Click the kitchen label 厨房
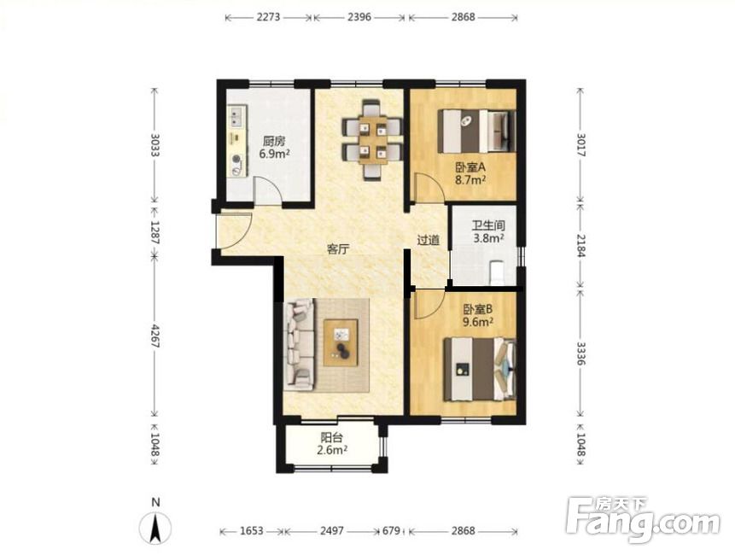[274, 141]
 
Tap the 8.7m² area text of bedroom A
[470, 179]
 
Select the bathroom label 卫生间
[488, 225]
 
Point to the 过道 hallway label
[429, 241]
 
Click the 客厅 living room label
[338, 249]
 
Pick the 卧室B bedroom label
[478, 309]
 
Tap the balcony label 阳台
[332, 438]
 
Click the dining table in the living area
[373, 140]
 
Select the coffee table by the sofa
[341, 342]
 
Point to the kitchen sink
[236, 117]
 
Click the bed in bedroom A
[476, 131]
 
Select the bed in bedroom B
[480, 370]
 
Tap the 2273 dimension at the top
[268, 17]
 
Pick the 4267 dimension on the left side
[155, 336]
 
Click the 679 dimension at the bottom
[392, 531]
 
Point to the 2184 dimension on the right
[580, 245]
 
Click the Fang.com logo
[643, 519]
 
